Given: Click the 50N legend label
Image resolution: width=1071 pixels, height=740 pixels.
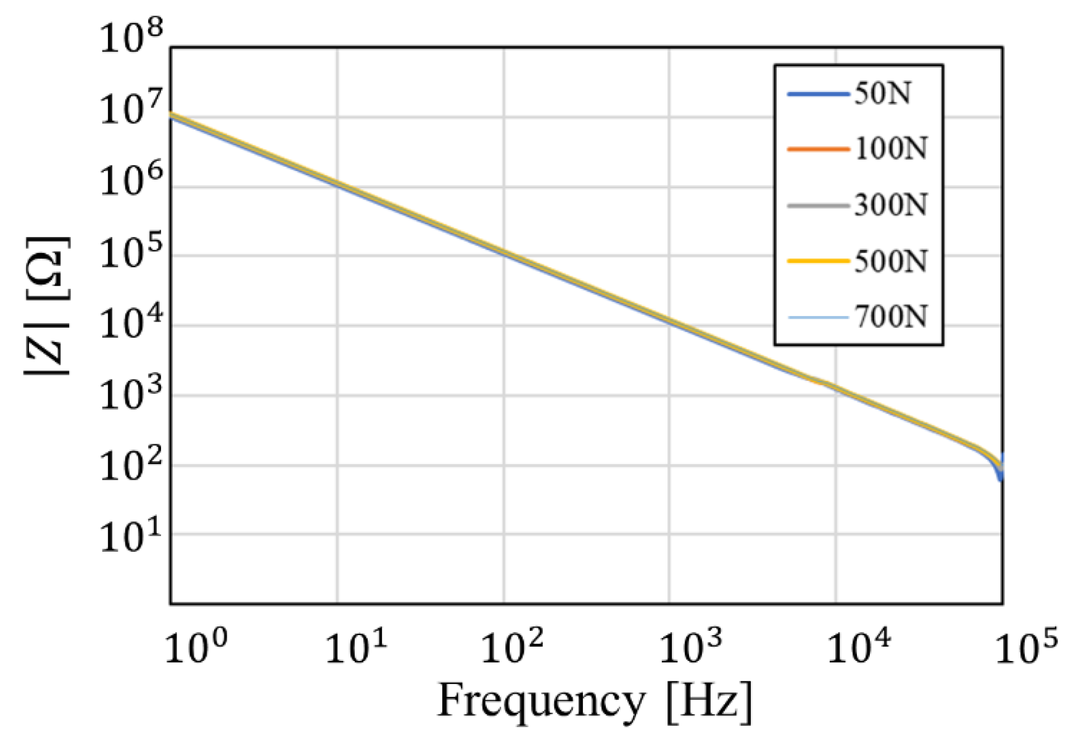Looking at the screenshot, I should pyautogui.click(x=882, y=94).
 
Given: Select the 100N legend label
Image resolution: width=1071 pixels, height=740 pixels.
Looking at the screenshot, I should pyautogui.click(x=890, y=149).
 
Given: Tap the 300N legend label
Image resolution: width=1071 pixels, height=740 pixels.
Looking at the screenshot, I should pyautogui.click(x=890, y=205).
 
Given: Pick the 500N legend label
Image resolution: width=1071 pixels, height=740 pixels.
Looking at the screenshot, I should pyautogui.click(x=890, y=262).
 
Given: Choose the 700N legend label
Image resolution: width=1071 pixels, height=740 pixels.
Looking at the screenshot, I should pyautogui.click(x=890, y=317).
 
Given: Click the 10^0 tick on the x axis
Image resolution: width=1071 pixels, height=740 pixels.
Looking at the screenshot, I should pyautogui.click(x=196, y=647).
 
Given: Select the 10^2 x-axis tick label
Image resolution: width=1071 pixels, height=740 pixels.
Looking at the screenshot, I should pyautogui.click(x=512, y=647).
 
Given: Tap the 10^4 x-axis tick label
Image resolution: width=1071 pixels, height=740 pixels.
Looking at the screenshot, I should pyautogui.click(x=858, y=647).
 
